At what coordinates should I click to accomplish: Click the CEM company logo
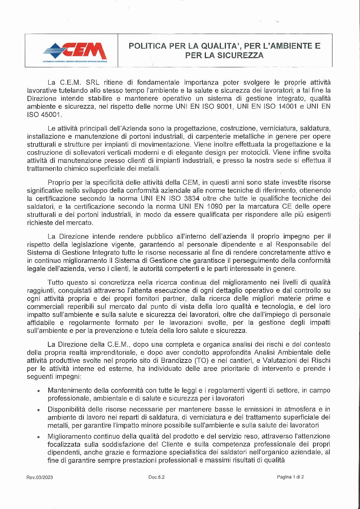click(x=75, y=51)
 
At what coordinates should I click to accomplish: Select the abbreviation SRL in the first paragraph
click(x=92, y=82)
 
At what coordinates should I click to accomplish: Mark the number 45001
click(x=51, y=115)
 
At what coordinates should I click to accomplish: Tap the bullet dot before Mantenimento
click(x=39, y=391)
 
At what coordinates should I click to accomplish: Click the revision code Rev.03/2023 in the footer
click(x=40, y=477)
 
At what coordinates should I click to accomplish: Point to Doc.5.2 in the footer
click(x=157, y=477)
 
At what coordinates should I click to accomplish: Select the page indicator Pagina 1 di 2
click(x=290, y=477)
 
